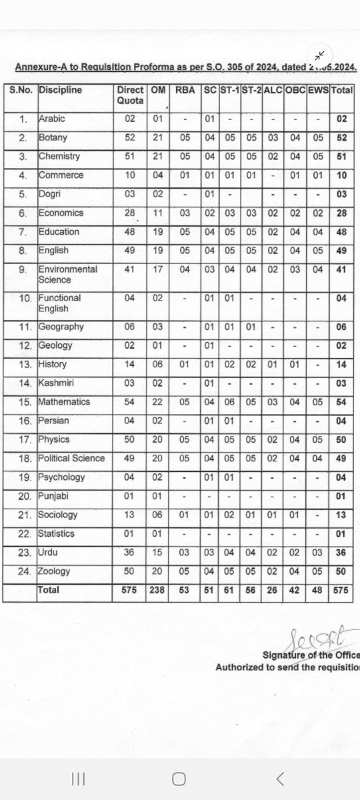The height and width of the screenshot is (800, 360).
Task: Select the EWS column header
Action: pos(318,90)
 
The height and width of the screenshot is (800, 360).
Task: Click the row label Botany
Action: pos(53,138)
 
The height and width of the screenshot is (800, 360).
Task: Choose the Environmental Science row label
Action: pos(67,275)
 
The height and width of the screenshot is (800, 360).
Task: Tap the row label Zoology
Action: pos(55,571)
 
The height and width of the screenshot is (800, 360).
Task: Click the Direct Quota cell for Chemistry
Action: pos(130,157)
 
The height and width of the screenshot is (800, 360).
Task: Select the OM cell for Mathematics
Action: pos(159,402)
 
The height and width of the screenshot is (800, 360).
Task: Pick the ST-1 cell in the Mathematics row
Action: pos(229,402)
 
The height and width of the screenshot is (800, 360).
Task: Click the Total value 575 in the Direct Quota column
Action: pos(130,590)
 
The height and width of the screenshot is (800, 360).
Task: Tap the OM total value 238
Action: pos(159,590)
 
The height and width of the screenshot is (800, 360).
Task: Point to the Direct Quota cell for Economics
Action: pos(130,213)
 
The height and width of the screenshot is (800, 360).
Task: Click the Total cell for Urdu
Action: pos(341,553)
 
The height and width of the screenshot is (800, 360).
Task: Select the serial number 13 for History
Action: pos(23,365)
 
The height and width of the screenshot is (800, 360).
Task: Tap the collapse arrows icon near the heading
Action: pos(320,55)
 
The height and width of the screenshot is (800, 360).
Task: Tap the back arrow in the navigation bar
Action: pos(280,778)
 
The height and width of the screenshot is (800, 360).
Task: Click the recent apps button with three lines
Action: pos(78,778)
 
